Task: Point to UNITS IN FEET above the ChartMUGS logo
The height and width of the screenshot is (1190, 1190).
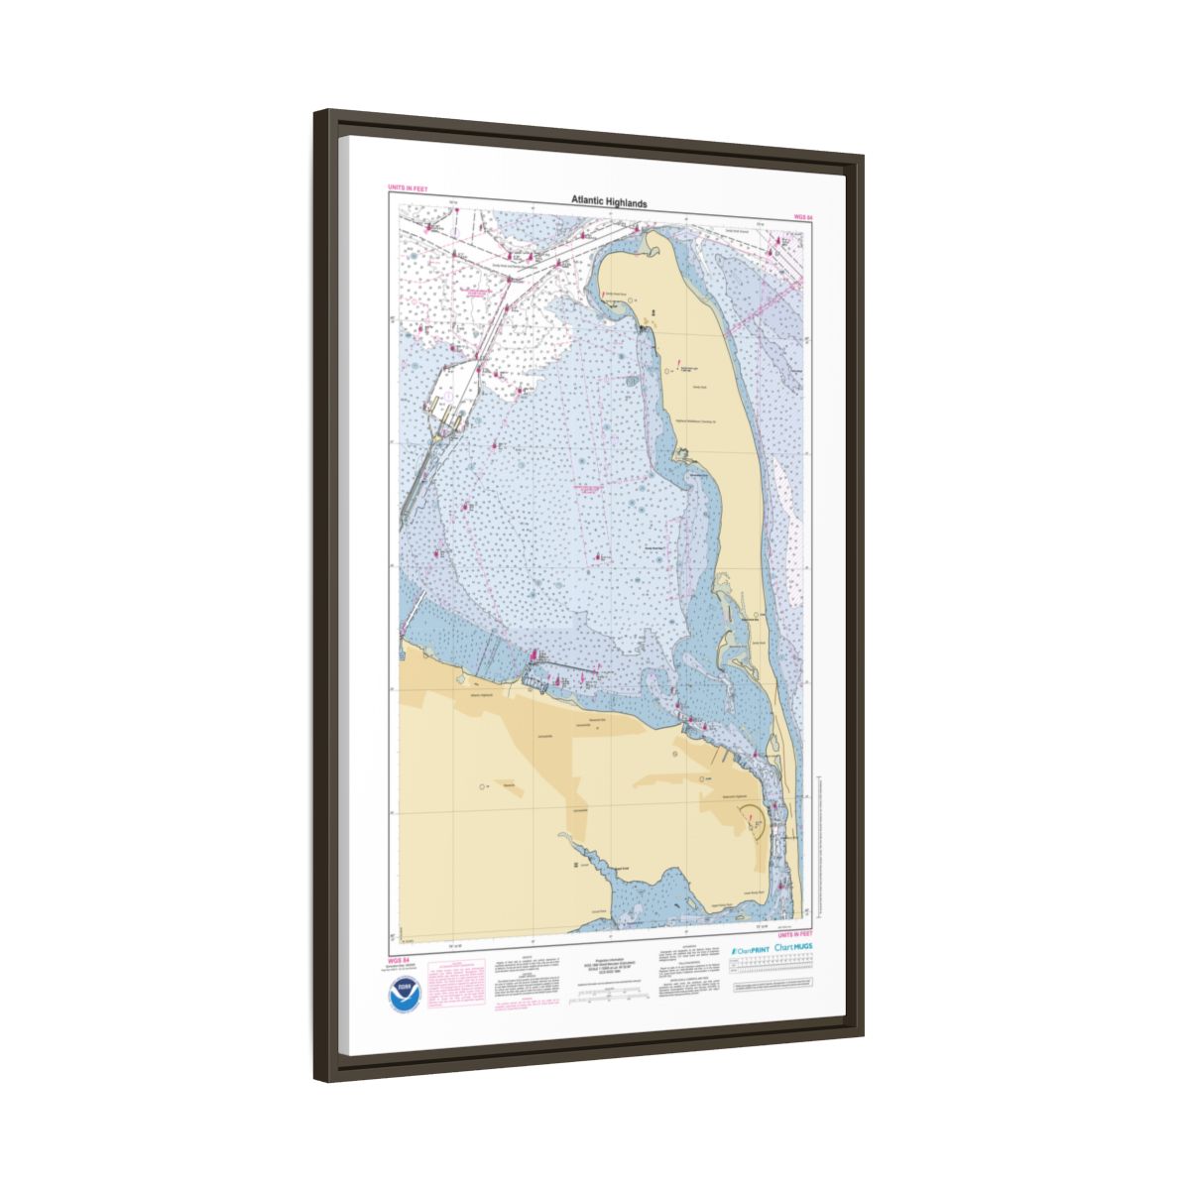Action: [795, 935]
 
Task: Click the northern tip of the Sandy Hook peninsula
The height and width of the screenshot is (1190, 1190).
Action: [642, 230]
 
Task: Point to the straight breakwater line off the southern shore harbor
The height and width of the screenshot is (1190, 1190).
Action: [570, 666]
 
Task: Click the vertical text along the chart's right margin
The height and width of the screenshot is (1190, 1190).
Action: [817, 843]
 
